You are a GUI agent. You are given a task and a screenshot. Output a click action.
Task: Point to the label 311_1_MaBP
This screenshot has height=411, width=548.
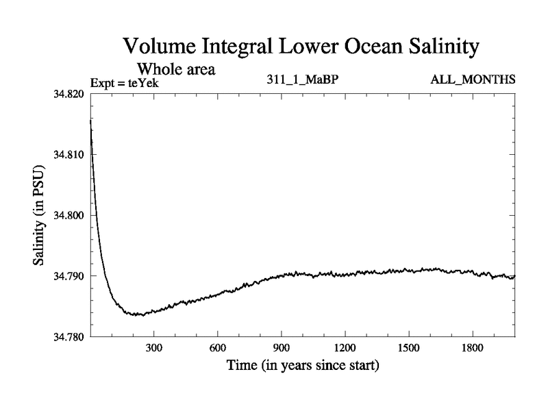[303, 80]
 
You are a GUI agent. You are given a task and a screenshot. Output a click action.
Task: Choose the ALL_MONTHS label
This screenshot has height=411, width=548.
[473, 80]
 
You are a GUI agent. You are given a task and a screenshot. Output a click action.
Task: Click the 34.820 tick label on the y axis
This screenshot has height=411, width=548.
[68, 94]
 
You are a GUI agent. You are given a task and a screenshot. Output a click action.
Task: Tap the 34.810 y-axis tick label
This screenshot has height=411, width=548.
[68, 155]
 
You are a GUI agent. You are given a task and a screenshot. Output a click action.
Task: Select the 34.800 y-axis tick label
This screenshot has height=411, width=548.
[68, 215]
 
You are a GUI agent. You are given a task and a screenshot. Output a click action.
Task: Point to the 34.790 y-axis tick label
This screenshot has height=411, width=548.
[68, 276]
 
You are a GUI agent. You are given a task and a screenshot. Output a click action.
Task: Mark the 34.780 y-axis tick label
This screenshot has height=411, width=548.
[68, 336]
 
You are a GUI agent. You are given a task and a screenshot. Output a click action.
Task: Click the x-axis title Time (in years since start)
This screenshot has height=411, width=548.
[303, 365]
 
